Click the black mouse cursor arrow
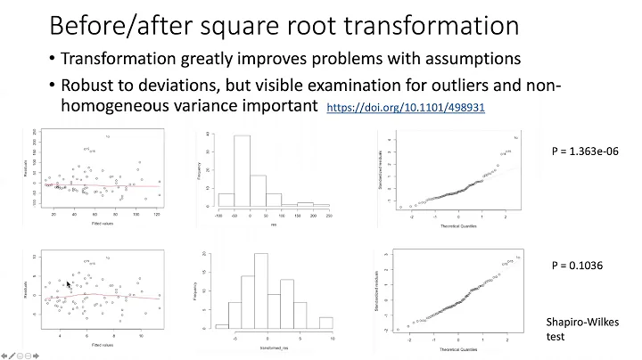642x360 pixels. [69, 284]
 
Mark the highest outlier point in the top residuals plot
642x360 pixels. [107, 136]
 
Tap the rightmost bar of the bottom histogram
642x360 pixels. [325, 322]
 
